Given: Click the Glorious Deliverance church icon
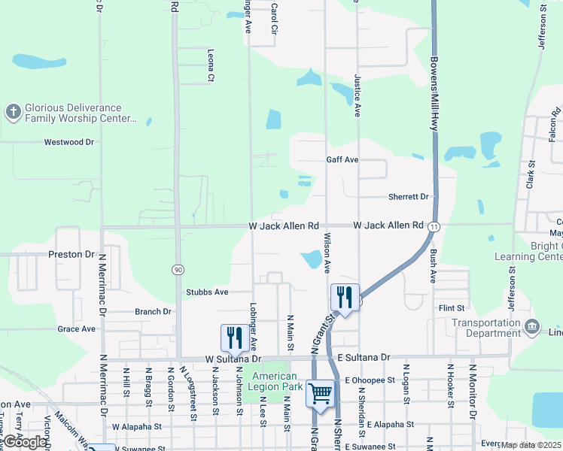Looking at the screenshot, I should tap(13, 113).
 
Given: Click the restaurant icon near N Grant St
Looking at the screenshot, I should tap(343, 296).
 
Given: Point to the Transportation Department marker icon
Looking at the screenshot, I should tap(532, 326).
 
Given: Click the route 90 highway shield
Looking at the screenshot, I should tap(178, 269).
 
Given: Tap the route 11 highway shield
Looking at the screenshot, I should tap(434, 225).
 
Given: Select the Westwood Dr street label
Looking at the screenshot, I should tap(68, 141).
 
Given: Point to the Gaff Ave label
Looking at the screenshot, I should tap(342, 160).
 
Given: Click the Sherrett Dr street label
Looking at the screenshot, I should tap(408, 197).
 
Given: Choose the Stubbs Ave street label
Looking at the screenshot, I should tap(207, 292).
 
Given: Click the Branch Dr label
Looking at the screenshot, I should tap(153, 311).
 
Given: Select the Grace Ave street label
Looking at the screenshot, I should tap(77, 328).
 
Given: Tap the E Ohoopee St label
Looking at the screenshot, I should tap(370, 380).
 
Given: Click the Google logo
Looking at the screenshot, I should tap(25, 442).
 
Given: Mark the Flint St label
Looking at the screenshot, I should tap(452, 307).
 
